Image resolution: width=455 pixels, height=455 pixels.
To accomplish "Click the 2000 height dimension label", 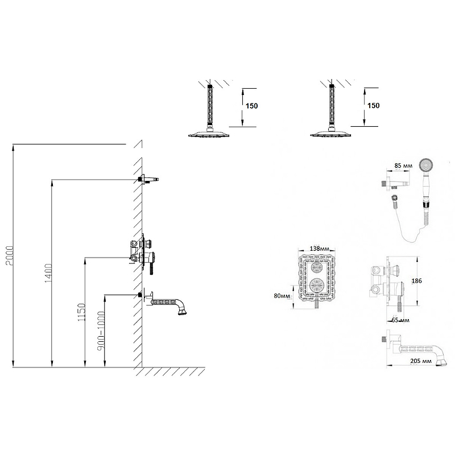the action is pos(10,255).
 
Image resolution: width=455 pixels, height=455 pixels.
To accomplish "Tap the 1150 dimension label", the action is pos(81,312).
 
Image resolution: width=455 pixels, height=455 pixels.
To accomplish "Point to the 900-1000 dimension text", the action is pos(101,331).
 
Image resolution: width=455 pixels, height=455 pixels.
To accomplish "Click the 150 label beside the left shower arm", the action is pos(251,106).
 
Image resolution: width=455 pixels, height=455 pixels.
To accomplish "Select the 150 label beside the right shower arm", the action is pos(374,106).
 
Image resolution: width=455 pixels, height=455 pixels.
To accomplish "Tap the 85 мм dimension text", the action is pos(403,166).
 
